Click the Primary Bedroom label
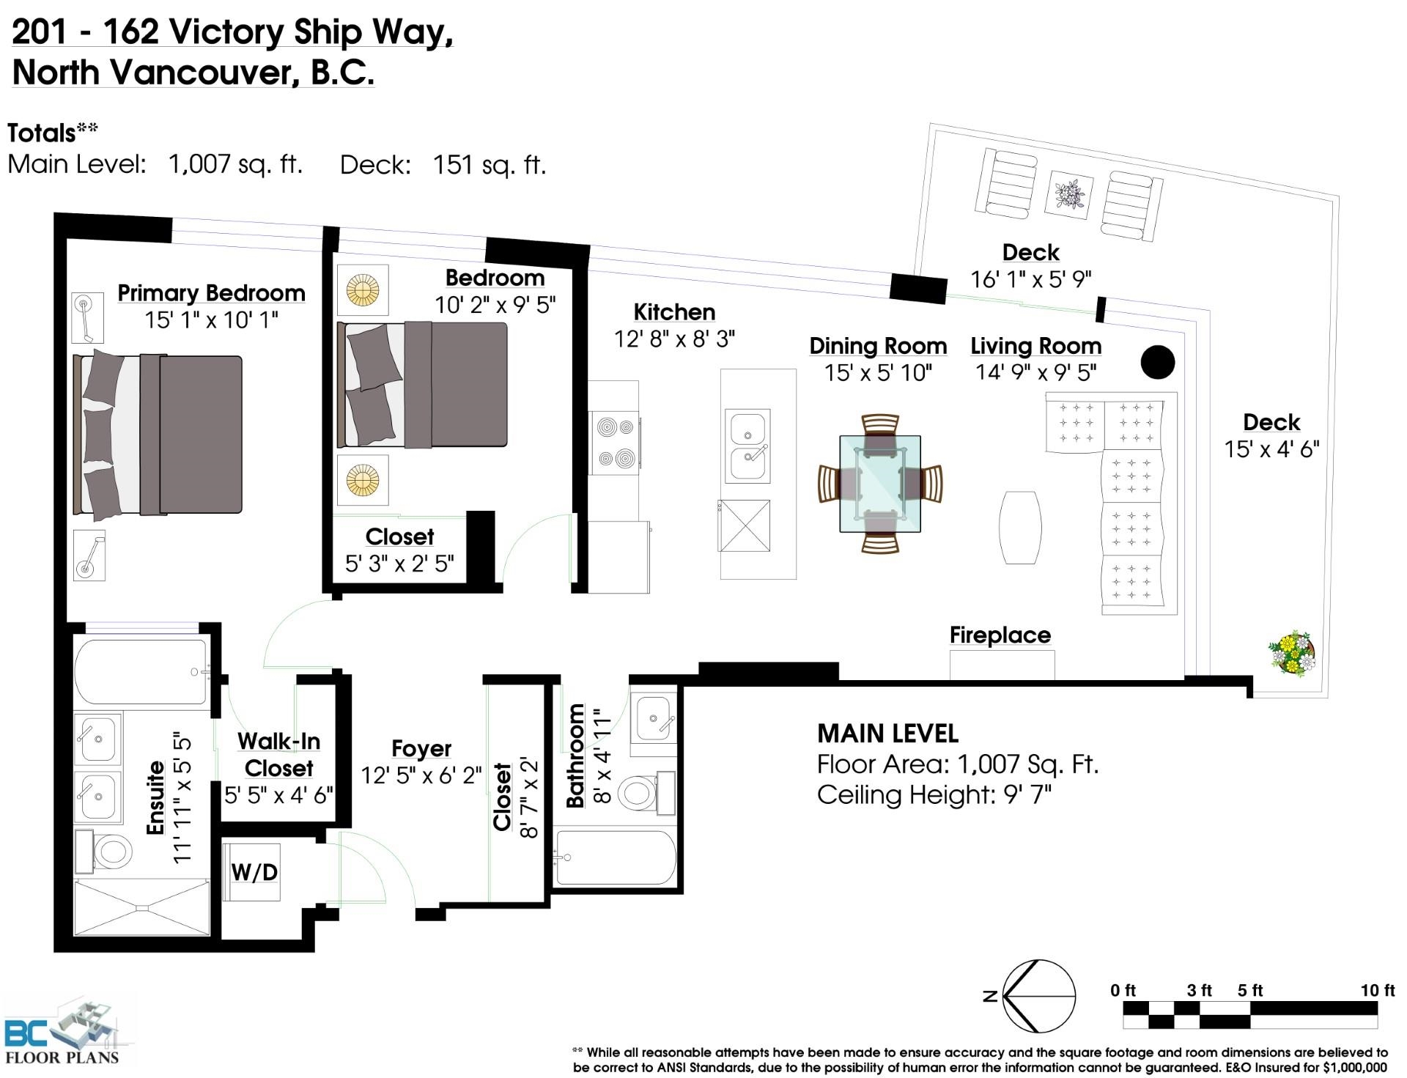coord(211,293)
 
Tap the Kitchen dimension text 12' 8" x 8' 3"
coord(674,339)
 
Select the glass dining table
coord(880,484)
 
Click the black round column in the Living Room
coord(1158,362)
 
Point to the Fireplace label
coord(1000,635)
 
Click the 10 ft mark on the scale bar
coord(1378,991)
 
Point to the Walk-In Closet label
coord(279,754)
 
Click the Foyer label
coord(421,748)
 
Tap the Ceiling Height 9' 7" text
coord(934,794)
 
